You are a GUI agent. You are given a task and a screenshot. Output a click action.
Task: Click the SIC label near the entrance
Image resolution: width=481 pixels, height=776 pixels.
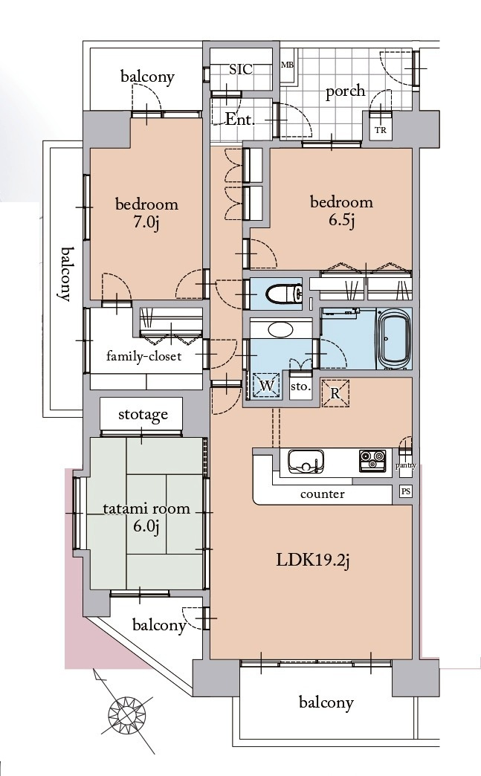pos(241,69)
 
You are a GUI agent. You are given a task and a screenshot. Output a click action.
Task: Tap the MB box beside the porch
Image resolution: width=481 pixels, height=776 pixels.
pos(288,65)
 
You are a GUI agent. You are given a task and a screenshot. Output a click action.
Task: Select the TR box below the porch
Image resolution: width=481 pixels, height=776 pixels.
pos(381,130)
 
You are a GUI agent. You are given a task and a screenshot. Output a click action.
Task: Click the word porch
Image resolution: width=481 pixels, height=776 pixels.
pos(346,91)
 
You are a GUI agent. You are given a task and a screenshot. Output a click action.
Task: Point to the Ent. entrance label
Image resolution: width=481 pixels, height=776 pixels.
pos(239,119)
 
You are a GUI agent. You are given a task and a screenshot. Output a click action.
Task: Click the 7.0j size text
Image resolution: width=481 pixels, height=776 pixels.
pos(146,223)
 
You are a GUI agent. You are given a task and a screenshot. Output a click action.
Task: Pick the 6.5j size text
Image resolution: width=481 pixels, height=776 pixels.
pos(341,220)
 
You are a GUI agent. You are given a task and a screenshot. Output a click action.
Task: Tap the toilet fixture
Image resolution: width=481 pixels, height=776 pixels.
pos(283,294)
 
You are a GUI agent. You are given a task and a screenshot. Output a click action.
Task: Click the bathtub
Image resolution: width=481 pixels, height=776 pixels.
pos(393,338)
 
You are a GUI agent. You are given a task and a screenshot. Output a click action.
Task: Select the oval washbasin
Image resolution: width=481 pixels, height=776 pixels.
pos(280,329)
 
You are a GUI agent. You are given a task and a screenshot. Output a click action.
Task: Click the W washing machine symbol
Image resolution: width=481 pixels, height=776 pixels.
pos(266,386)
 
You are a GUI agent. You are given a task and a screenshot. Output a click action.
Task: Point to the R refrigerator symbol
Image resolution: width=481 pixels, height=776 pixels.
pos(335,393)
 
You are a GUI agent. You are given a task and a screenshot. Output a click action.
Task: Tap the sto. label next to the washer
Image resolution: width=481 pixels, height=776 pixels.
pos(300,387)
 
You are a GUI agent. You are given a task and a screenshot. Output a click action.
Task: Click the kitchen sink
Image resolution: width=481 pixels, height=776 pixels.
pos(306,462)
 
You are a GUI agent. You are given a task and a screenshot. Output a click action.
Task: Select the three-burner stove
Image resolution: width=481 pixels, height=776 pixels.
pos(372,461)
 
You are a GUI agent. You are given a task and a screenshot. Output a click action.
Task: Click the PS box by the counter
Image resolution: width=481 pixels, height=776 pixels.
pos(405,491)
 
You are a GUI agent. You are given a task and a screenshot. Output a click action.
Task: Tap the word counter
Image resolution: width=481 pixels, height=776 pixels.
pos(322,494)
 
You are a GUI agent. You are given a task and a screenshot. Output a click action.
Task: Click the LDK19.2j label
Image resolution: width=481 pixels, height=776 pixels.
pos(312,560)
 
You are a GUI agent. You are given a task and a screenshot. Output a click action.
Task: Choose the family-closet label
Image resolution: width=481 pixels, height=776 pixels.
pos(143,356)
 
